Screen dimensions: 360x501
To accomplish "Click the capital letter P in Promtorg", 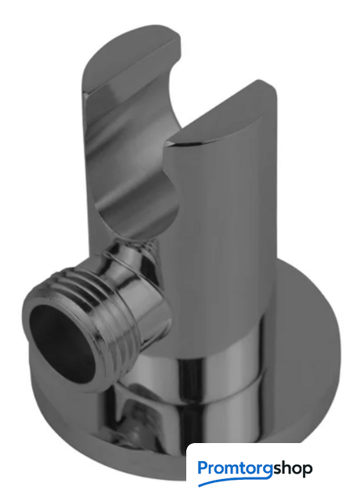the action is coord(203,467).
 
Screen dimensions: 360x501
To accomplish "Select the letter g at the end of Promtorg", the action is coord(268,471).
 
